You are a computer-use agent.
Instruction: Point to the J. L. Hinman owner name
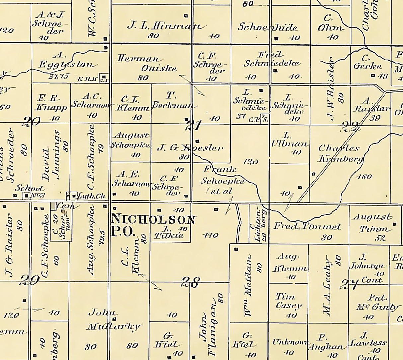[x=164, y=26]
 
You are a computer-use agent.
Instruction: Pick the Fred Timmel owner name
[x=307, y=227]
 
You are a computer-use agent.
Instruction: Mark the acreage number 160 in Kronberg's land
[x=364, y=177]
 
